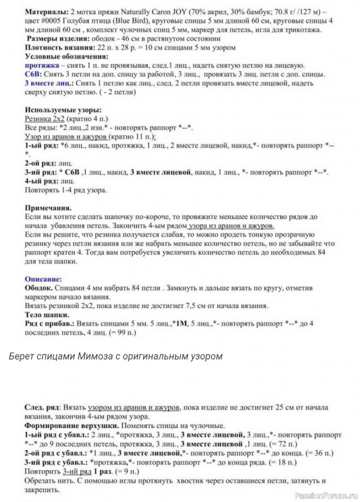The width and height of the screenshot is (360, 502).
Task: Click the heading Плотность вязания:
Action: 54,47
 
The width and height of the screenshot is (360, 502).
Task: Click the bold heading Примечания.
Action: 48,206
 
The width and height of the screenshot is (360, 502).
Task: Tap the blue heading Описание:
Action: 43,278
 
